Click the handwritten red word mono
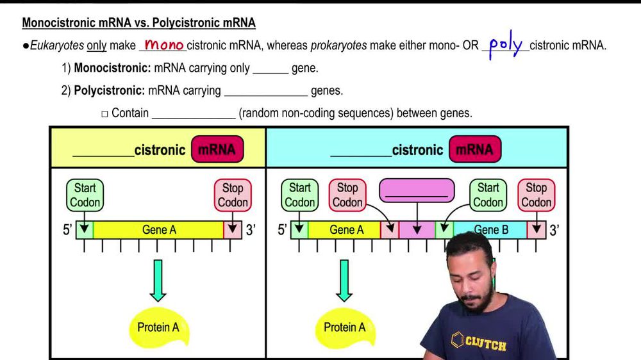click(163, 45)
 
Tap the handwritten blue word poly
click(505, 46)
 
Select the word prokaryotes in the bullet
click(337, 45)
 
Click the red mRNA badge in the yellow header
click(217, 150)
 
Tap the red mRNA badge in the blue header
click(474, 150)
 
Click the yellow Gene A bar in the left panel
click(158, 230)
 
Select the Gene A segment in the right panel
click(346, 230)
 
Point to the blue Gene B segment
click(490, 230)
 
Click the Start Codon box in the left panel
click(85, 195)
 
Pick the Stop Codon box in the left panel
click(233, 195)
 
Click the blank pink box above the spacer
click(417, 191)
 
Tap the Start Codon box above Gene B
click(488, 195)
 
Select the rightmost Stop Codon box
click(536, 195)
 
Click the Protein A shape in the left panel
click(158, 327)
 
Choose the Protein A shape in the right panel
click(344, 327)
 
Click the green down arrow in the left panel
click(158, 280)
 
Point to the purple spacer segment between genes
click(417, 230)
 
